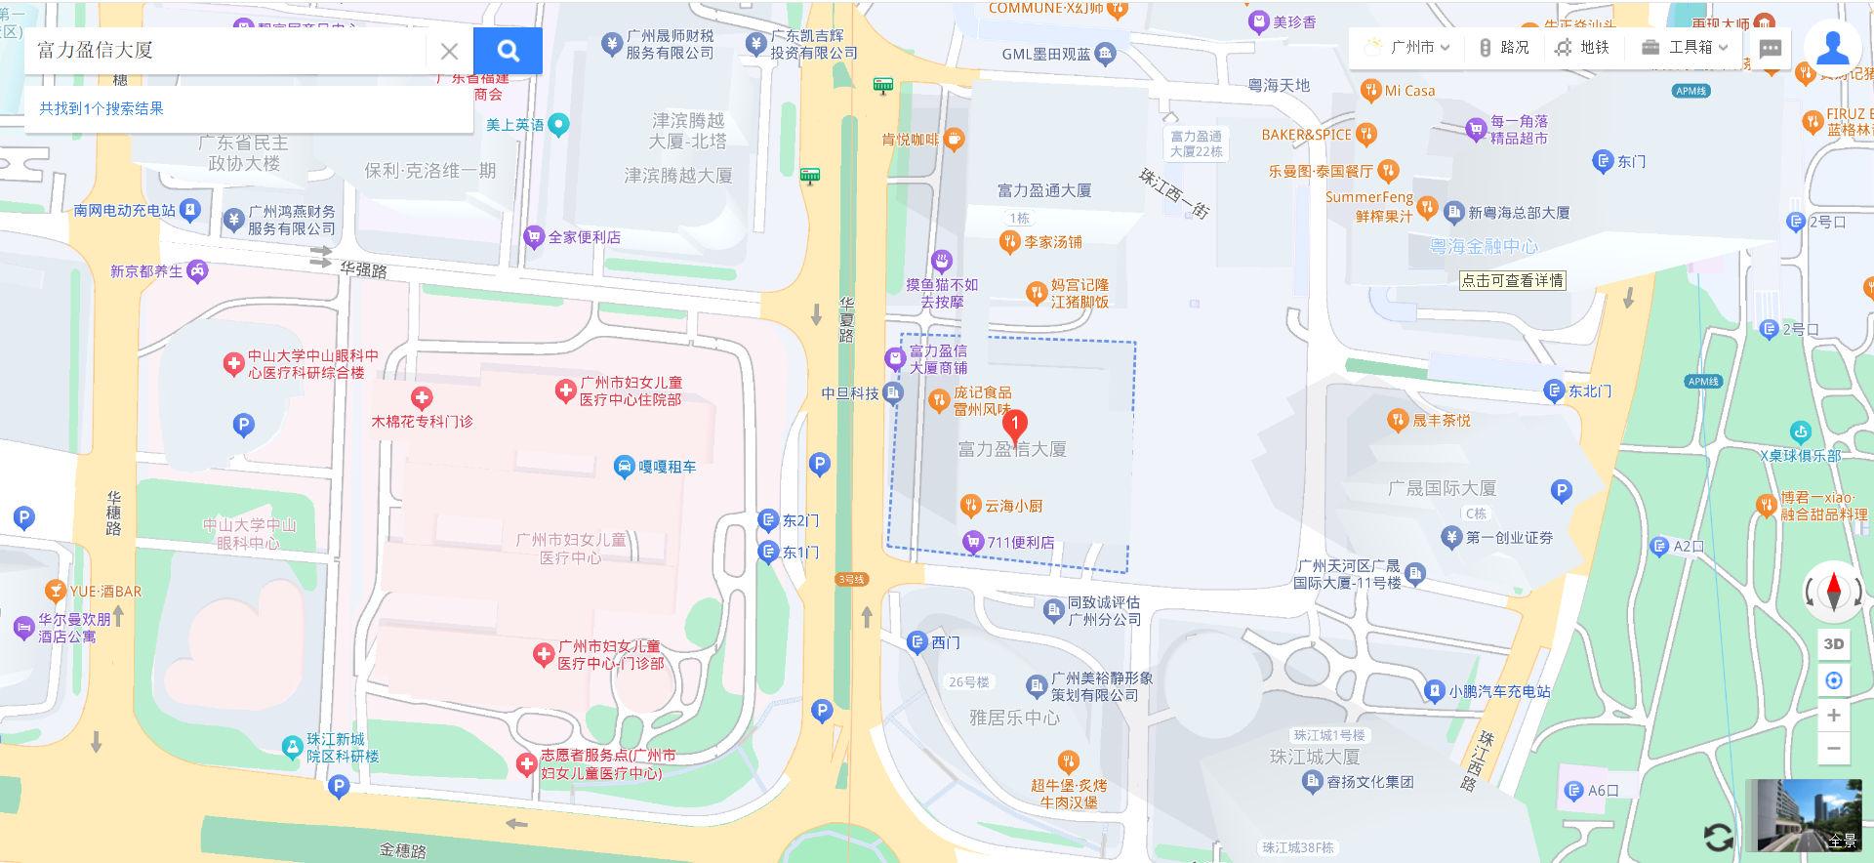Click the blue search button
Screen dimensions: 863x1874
click(x=508, y=51)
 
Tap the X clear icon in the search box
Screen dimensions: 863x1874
click(x=449, y=51)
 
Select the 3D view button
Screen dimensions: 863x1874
click(x=1834, y=644)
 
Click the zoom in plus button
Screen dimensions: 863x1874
click(x=1834, y=715)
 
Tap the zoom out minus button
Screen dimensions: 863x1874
click(x=1834, y=749)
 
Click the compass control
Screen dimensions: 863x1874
click(x=1833, y=591)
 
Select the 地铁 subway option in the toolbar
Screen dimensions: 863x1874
click(x=1582, y=47)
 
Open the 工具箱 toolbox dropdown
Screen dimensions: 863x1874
click(x=1685, y=47)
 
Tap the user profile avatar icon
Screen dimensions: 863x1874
click(x=1832, y=46)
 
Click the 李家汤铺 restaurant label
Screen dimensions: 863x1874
click(x=1052, y=242)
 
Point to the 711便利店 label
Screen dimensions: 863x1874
click(x=1020, y=543)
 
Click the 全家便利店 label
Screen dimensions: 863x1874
click(x=584, y=237)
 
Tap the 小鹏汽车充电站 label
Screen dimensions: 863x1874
click(x=1498, y=691)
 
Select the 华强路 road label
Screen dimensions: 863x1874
click(x=363, y=269)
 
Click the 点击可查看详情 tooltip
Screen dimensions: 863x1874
click(x=1512, y=280)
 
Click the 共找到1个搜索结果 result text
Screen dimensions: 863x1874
click(x=102, y=108)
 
